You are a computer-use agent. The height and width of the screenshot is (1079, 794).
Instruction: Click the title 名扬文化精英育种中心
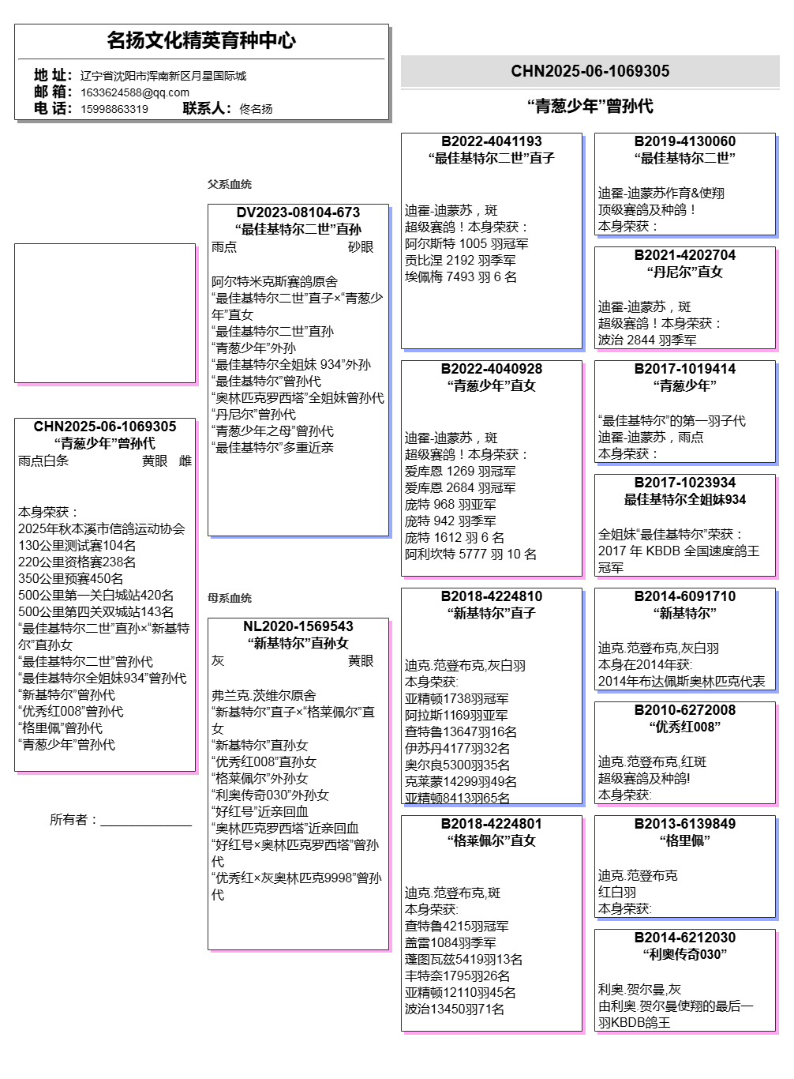click(201, 40)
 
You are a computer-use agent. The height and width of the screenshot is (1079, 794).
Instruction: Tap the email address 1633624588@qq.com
click(135, 92)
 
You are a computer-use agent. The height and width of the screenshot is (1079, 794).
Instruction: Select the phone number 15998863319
click(114, 109)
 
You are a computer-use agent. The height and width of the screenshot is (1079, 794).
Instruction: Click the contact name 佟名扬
click(256, 109)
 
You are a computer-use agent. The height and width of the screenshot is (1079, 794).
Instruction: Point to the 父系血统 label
click(230, 184)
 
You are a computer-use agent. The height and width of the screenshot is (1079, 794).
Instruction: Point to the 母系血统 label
click(230, 598)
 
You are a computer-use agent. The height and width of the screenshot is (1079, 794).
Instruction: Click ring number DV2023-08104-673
click(298, 212)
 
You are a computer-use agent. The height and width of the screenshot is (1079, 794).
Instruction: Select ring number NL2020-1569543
click(298, 626)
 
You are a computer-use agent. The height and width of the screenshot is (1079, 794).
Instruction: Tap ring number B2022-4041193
click(492, 141)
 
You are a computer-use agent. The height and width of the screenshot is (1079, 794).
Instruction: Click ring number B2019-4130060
click(685, 141)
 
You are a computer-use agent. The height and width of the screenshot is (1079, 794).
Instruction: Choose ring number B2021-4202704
click(685, 255)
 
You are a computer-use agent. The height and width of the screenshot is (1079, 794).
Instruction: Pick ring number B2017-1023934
click(685, 483)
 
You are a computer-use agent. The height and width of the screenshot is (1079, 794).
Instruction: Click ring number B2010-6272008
click(685, 710)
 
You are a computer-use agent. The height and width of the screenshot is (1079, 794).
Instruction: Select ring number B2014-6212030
click(685, 938)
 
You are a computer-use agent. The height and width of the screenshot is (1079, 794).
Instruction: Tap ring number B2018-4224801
click(492, 824)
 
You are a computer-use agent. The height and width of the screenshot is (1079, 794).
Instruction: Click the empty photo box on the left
click(105, 313)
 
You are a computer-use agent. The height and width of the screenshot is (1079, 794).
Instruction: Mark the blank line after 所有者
click(146, 821)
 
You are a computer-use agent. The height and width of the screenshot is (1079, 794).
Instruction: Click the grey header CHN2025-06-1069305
click(590, 71)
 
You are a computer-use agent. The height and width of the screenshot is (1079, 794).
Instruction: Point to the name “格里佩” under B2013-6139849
click(685, 840)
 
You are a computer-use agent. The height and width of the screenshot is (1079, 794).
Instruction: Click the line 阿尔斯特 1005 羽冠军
click(466, 244)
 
